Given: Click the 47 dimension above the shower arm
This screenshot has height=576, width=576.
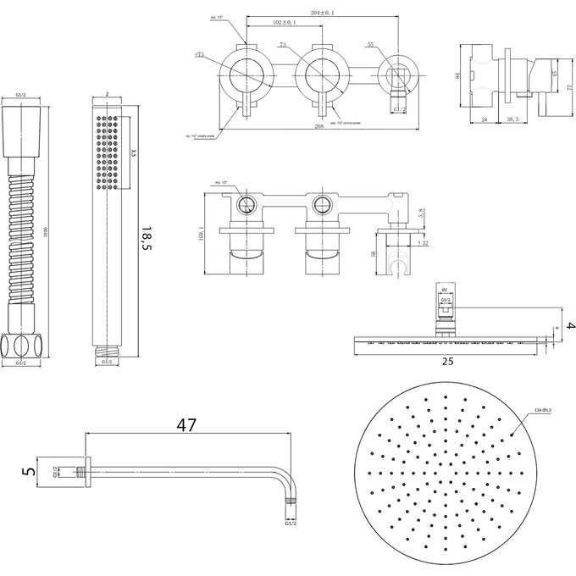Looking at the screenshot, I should [x=187, y=425].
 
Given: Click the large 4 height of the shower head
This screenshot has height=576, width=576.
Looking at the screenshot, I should [x=569, y=326].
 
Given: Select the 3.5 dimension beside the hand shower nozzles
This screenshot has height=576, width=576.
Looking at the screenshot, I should [x=131, y=153].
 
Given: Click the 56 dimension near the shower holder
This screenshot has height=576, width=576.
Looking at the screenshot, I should [x=374, y=252].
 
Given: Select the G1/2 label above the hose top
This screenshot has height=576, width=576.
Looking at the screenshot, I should [x=22, y=97].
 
